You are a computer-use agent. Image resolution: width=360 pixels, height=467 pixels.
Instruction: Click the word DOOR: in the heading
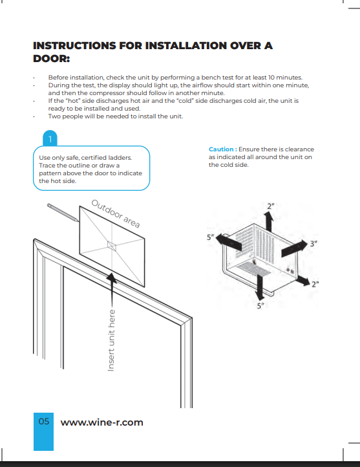click(x=51, y=59)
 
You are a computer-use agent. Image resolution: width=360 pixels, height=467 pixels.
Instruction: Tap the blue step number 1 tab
click(x=50, y=138)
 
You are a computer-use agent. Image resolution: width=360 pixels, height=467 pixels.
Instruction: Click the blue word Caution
click(x=221, y=149)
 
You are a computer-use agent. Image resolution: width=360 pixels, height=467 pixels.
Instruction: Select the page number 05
click(x=44, y=421)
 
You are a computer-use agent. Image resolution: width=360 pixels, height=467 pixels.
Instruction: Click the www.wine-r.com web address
click(x=101, y=422)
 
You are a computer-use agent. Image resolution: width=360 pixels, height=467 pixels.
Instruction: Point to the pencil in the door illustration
click(x=63, y=212)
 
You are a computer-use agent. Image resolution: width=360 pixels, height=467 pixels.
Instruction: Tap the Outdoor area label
click(x=116, y=213)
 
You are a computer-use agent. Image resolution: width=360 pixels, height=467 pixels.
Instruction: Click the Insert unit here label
click(x=111, y=340)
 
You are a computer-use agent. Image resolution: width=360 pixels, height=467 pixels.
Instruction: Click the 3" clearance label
click(x=313, y=244)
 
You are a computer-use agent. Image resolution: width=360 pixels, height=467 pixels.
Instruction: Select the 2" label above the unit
click(x=270, y=206)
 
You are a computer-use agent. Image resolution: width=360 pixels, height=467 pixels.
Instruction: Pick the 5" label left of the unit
click(x=210, y=237)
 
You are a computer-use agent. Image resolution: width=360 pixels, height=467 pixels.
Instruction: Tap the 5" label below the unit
click(x=260, y=306)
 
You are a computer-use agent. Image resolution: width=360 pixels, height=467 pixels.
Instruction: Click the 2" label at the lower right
click(x=315, y=284)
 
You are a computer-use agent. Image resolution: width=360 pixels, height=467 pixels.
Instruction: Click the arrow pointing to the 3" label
click(x=294, y=248)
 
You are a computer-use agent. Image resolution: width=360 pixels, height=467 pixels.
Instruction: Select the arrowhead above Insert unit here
click(x=112, y=278)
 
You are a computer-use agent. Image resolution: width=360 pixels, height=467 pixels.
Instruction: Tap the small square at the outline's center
click(x=112, y=246)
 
